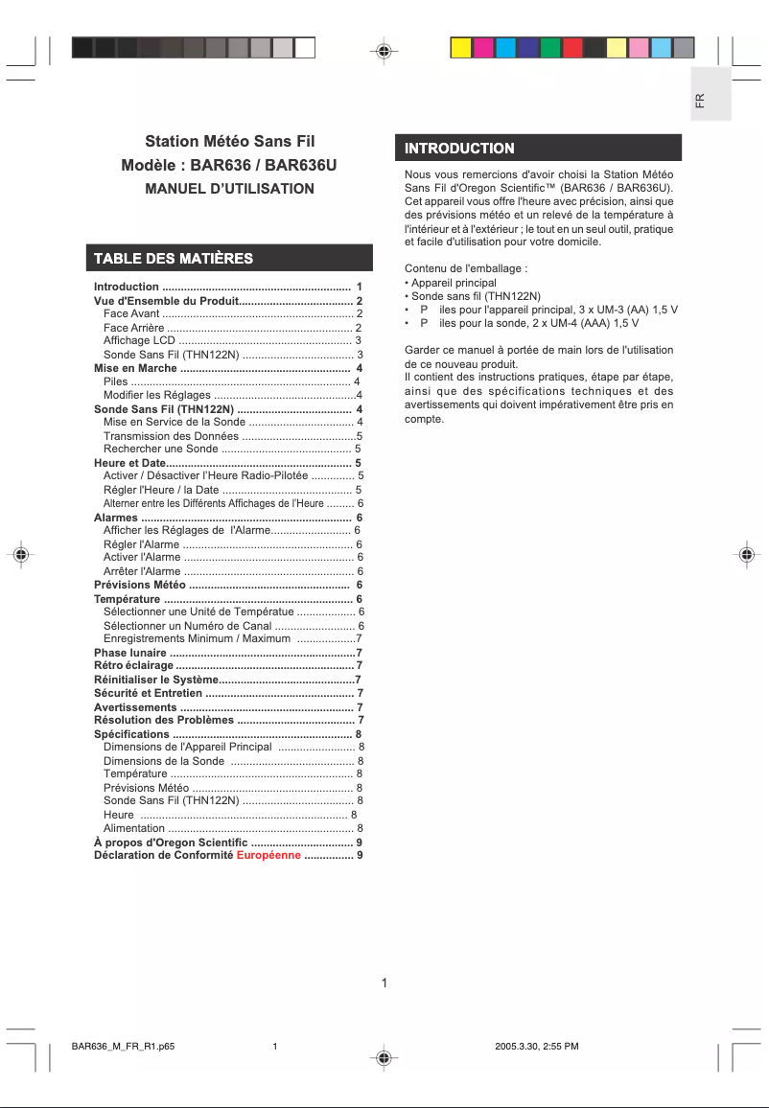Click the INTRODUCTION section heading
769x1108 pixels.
pos(459,149)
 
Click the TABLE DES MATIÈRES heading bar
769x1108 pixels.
pos(174,258)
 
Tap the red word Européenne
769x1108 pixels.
pos(268,855)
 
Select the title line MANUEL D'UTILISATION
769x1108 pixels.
pos(229,189)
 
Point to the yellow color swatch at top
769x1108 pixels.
pos(461,48)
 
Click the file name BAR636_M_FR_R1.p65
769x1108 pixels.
pos(123,1046)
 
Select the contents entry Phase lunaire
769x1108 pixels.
pos(129,652)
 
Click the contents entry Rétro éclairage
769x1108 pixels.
pos(133,665)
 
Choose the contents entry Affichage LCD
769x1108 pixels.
pos(139,340)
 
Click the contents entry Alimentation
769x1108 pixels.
pos(134,828)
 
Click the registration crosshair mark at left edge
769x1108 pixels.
pos(20,555)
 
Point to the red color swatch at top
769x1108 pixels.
pos(572,48)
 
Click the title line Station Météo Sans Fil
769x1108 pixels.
pos(229,143)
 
